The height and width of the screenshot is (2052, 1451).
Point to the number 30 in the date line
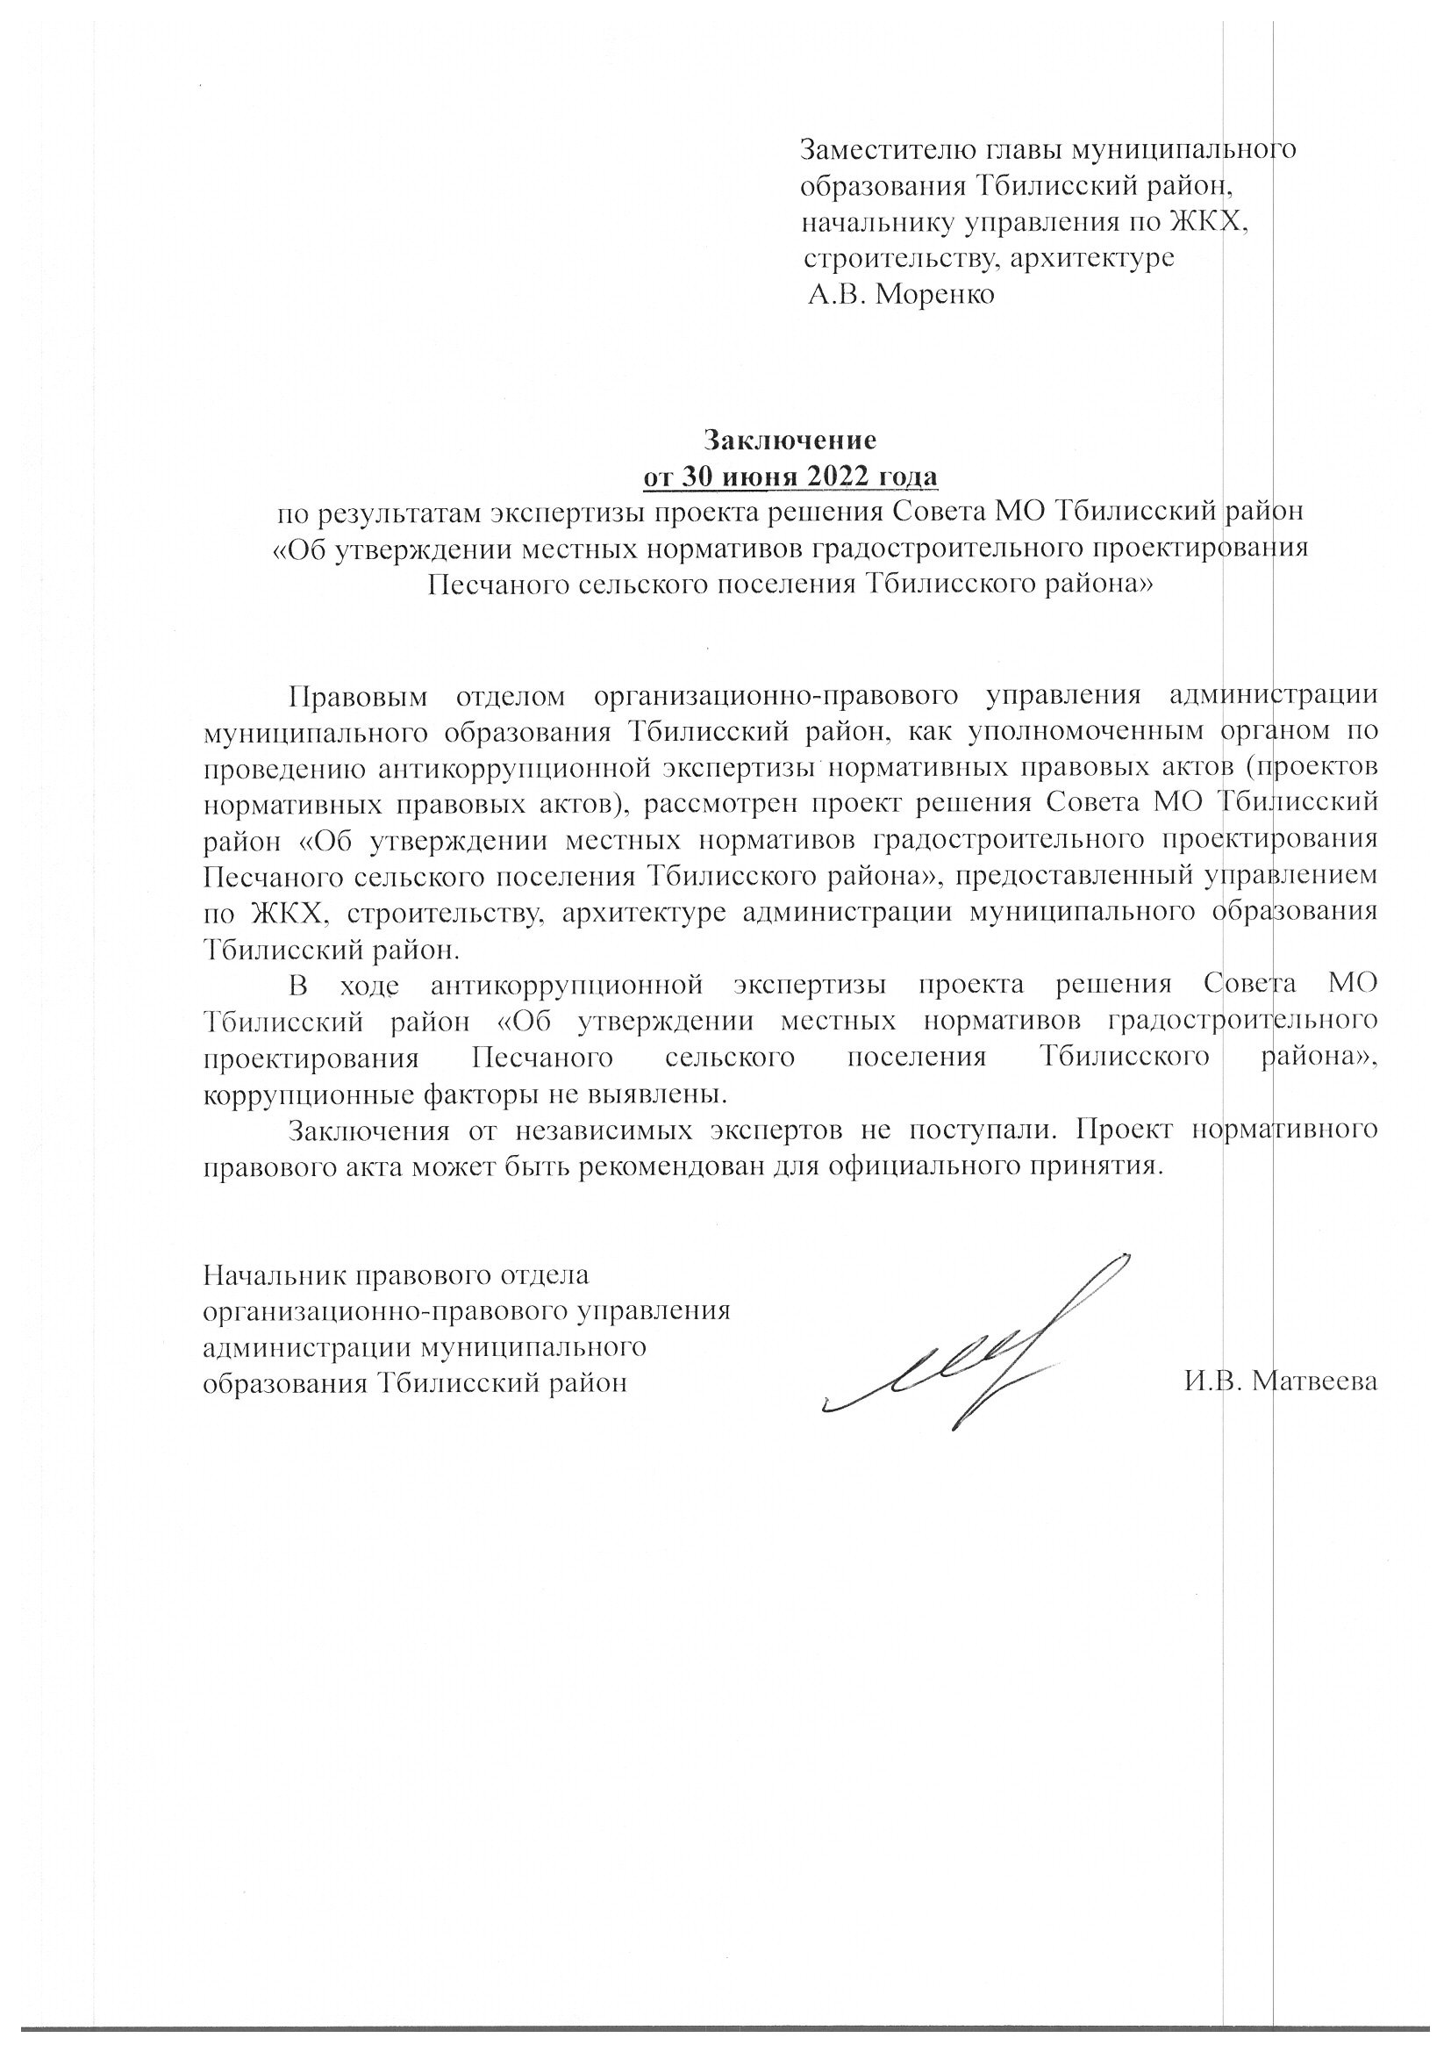click(698, 477)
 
